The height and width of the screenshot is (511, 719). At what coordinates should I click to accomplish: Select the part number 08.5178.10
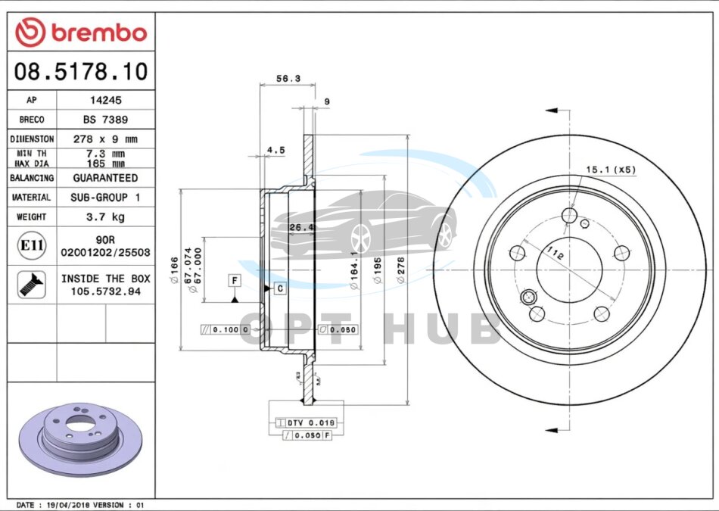point(81,72)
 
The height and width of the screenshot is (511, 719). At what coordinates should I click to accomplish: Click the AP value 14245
point(105,100)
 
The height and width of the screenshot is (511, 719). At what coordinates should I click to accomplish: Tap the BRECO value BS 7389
point(105,120)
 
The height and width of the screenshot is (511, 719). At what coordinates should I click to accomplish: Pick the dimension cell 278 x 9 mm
point(105,139)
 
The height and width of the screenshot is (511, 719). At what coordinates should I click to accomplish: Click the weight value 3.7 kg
point(105,217)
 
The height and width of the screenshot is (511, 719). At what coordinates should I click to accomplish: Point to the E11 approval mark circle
point(32,245)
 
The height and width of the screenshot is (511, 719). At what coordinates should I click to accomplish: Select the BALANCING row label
point(32,178)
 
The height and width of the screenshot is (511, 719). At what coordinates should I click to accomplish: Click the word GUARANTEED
point(105,178)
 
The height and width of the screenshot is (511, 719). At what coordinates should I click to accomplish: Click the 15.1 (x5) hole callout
point(611,170)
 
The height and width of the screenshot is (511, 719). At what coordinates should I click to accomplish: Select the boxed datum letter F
point(235,281)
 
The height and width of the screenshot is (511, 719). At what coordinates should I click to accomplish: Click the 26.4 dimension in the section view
point(301,226)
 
